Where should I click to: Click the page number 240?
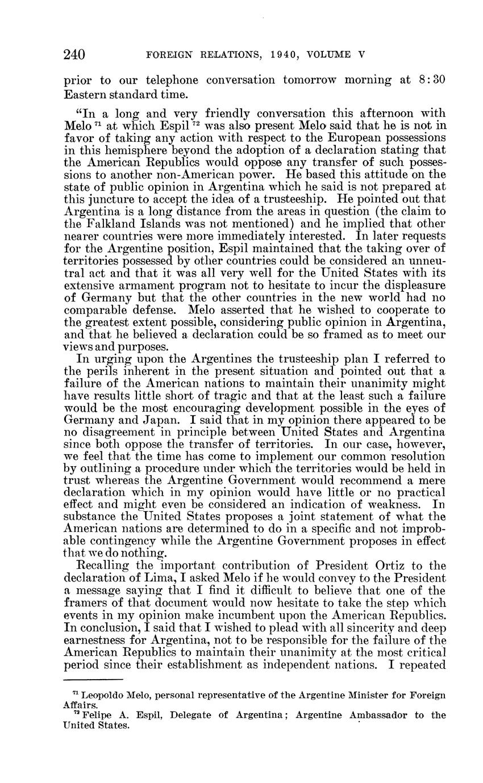[x=74, y=55]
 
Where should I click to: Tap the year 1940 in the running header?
[x=268, y=55]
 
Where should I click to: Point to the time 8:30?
[x=432, y=80]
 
